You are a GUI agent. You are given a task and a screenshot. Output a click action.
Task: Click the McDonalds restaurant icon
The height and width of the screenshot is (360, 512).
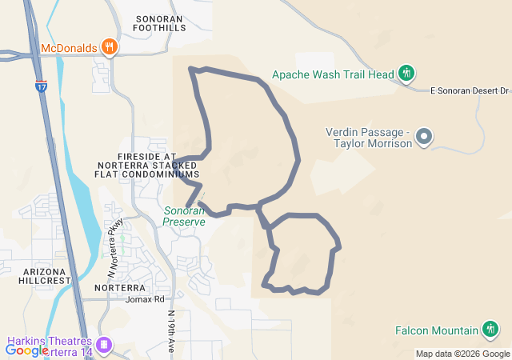(x=110, y=47)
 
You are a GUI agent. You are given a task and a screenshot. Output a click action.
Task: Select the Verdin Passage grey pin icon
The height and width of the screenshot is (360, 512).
(x=424, y=137)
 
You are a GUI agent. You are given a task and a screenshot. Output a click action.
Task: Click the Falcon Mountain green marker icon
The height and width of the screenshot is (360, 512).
(x=490, y=329)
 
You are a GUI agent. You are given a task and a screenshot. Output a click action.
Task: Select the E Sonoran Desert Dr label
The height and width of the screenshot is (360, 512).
(x=470, y=90)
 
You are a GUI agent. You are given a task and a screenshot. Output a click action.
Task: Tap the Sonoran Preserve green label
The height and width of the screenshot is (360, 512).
(x=184, y=216)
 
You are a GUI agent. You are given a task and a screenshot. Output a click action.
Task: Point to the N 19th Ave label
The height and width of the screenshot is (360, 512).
(x=171, y=332)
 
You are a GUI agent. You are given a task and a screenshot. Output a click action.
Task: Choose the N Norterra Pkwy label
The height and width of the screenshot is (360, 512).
(x=114, y=238)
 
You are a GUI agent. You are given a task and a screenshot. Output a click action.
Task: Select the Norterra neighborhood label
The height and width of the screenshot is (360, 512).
(x=119, y=287)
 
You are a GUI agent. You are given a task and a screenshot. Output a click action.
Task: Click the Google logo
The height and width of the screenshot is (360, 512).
(x=26, y=350)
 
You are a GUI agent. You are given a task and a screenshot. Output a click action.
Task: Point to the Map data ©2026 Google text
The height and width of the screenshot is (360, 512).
(x=462, y=354)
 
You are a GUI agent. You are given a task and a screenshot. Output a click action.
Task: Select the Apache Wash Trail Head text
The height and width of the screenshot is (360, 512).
(x=334, y=74)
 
